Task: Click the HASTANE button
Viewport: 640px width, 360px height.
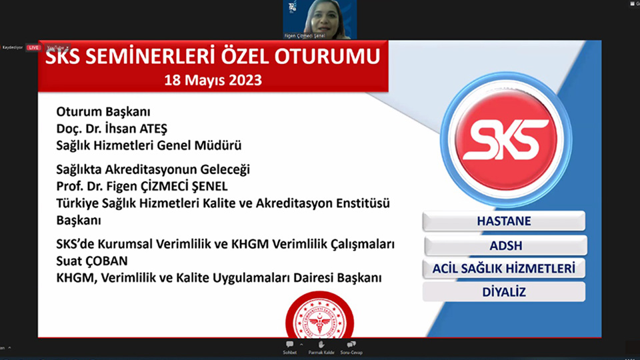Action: click(x=504, y=221)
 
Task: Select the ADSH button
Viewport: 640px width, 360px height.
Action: click(x=505, y=245)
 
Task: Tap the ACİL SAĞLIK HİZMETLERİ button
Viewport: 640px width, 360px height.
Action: click(x=504, y=268)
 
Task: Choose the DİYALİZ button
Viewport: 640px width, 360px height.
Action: click(x=504, y=291)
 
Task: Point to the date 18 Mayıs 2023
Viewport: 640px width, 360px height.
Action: click(x=213, y=80)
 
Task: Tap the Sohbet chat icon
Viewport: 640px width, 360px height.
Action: click(x=289, y=345)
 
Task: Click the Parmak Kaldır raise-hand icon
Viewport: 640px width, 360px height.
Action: click(x=321, y=345)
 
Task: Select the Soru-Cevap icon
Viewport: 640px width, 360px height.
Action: click(x=351, y=345)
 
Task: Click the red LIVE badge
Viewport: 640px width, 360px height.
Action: click(x=33, y=47)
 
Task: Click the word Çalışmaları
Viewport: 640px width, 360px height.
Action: click(x=362, y=245)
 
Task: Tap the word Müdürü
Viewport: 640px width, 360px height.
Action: click(x=219, y=144)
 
